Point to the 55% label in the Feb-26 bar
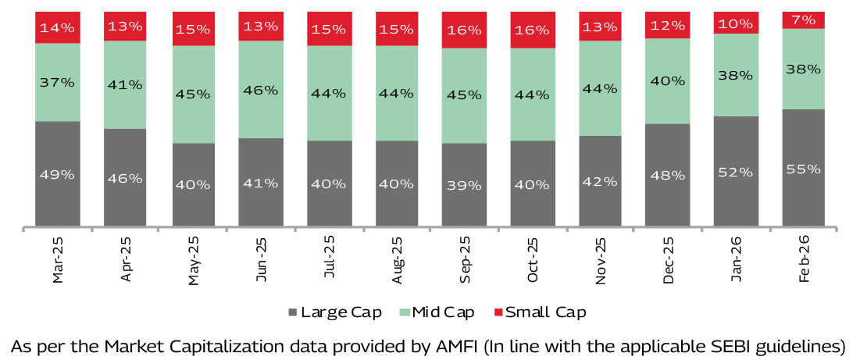click(x=804, y=169)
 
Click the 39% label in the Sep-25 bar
click(x=463, y=185)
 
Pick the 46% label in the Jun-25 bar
click(x=261, y=90)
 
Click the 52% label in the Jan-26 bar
click(x=736, y=172)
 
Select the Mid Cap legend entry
click(x=438, y=312)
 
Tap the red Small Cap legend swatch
click(x=497, y=312)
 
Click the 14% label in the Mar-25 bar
click(x=58, y=27)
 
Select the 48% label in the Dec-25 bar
click(x=668, y=176)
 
